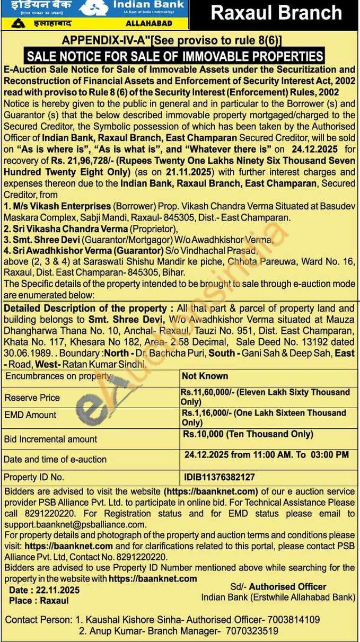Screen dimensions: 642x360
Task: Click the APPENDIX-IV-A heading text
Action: (172, 41)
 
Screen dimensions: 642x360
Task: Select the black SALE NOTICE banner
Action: (175, 56)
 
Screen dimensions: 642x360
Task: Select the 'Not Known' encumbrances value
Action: (205, 376)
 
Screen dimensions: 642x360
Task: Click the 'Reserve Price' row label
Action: (32, 398)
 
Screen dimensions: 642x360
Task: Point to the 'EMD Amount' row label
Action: (30, 415)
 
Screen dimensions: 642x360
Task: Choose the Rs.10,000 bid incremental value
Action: (248, 434)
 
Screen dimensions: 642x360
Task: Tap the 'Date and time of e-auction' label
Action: (55, 460)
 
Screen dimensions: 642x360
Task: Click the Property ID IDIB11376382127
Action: (219, 477)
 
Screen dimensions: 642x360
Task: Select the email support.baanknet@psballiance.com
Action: (75, 524)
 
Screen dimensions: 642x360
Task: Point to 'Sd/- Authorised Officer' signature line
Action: (278, 587)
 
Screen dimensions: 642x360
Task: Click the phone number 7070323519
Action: (251, 631)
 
